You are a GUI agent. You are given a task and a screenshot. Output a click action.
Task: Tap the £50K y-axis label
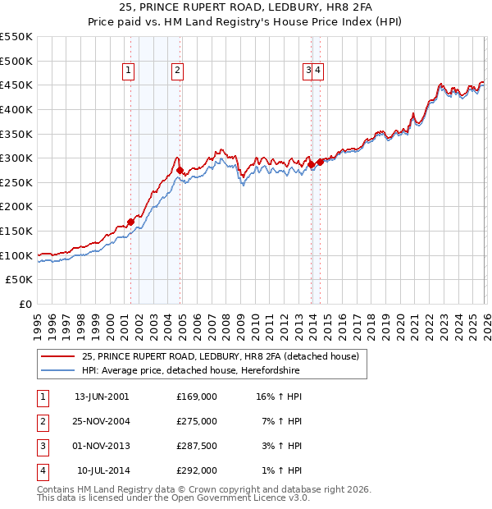(x=20, y=280)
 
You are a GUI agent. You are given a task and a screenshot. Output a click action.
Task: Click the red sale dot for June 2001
(x=130, y=222)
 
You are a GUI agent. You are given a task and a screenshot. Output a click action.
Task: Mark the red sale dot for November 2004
(x=180, y=171)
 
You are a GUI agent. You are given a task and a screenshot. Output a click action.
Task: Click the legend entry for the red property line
(x=221, y=356)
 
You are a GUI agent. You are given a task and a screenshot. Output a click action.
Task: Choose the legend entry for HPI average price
(x=191, y=371)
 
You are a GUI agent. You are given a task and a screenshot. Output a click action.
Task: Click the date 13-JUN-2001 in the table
(x=102, y=397)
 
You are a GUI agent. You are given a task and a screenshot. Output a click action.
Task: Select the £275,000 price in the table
(x=197, y=421)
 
